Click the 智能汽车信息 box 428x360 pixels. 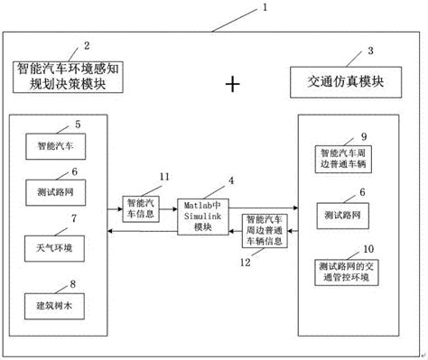pyautogui.click(x=143, y=210)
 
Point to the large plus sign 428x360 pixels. pyautogui.click(x=233, y=84)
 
